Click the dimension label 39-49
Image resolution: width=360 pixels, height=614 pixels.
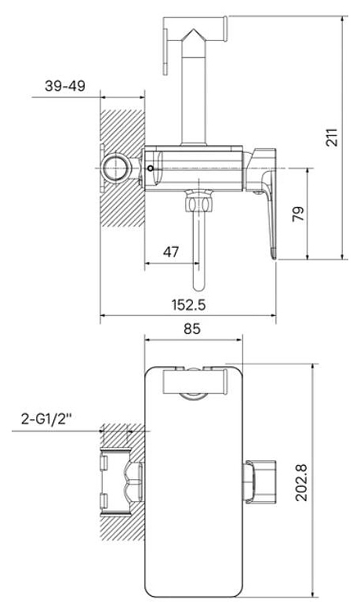tap(65, 85)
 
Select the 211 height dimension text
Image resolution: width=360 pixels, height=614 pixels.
tap(333, 137)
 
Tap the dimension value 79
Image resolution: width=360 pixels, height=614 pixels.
tap(299, 214)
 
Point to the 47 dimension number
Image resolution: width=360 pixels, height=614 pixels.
tap(171, 252)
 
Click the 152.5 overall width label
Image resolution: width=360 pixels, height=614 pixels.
tap(188, 305)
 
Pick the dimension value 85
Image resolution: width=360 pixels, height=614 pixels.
tap(192, 329)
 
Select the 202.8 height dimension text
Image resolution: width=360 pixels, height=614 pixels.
tap(302, 483)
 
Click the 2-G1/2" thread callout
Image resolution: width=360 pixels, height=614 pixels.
tap(47, 420)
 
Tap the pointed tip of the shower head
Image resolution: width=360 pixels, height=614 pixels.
tap(193, 29)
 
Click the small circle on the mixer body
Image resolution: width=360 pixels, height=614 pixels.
tap(151, 169)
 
